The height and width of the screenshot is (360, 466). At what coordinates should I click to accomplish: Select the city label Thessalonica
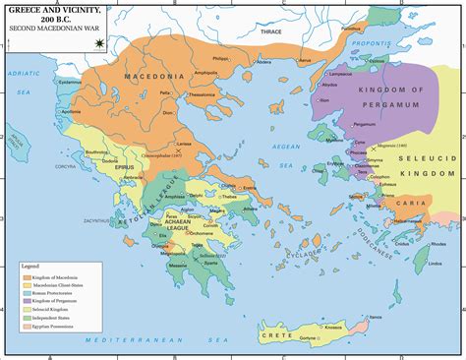202,94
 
